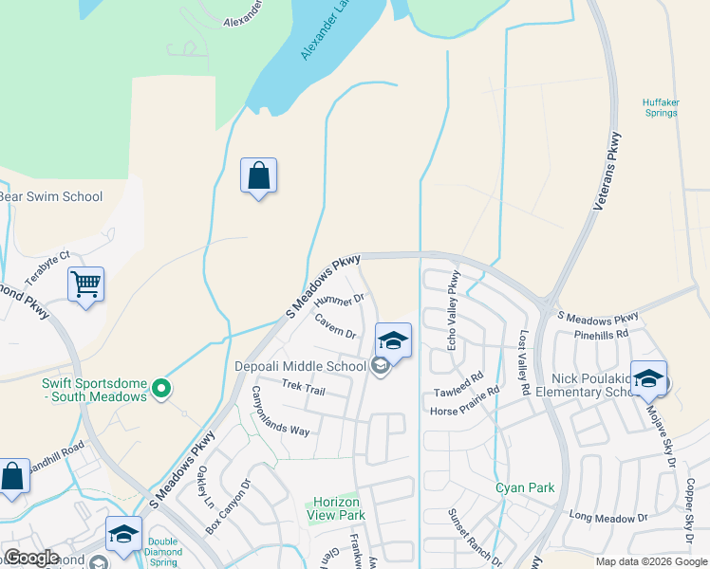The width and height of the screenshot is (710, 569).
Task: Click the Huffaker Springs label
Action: (x=660, y=107)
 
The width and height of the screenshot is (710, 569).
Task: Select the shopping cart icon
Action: (x=86, y=284)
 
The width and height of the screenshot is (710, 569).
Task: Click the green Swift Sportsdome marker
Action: (x=161, y=387)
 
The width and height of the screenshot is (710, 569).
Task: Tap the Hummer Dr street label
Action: (x=339, y=305)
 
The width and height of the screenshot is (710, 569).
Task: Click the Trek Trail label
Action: (x=304, y=385)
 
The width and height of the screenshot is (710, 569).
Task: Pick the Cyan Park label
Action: (x=524, y=488)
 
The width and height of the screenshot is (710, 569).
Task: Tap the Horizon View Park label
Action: (x=335, y=508)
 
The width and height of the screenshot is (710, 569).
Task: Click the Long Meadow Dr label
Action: (x=607, y=518)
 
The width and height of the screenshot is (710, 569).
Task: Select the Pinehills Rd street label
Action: (x=602, y=335)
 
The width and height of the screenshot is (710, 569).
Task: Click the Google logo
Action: (x=32, y=558)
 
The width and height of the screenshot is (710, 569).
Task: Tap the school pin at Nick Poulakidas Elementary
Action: (x=648, y=379)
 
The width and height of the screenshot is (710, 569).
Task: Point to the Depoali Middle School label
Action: (x=301, y=366)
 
